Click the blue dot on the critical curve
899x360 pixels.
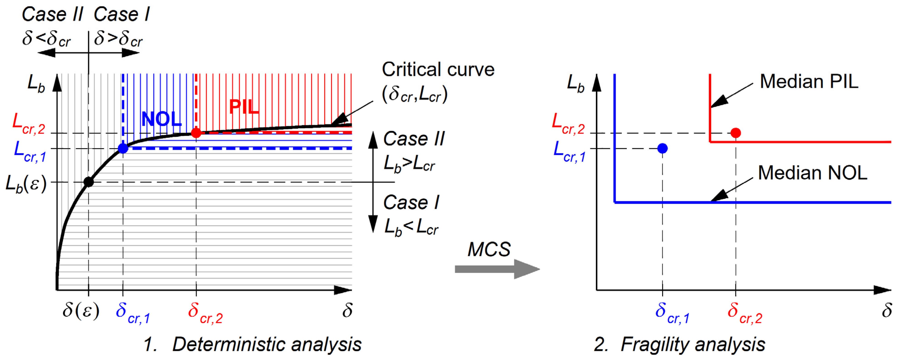click(x=123, y=148)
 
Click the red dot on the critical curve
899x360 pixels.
click(x=196, y=133)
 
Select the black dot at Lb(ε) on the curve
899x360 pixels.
click(x=89, y=182)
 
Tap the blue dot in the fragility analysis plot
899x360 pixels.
click(x=662, y=148)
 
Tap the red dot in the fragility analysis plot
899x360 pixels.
click(x=736, y=133)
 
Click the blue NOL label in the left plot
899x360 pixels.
click(x=161, y=119)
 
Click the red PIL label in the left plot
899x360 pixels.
click(x=244, y=107)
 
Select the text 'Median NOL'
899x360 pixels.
click(x=812, y=173)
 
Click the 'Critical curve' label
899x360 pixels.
click(x=438, y=69)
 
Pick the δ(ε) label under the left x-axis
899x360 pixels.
click(x=81, y=310)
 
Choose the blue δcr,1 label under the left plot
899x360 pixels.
click(x=133, y=313)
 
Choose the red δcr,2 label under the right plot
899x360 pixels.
click(x=745, y=313)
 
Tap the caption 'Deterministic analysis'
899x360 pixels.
click(x=267, y=345)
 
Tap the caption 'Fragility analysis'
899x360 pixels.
click(x=692, y=345)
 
